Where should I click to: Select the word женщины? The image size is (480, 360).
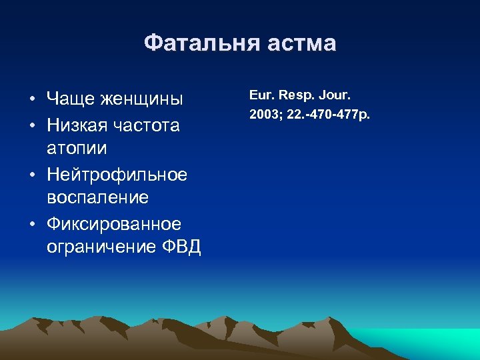point(142,100)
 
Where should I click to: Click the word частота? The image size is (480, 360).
point(150,125)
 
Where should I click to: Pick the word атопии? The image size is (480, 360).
point(77,148)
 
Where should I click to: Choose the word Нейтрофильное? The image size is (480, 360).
point(117,174)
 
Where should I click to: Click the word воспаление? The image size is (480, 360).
point(98,197)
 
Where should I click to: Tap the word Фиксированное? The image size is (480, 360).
point(114,223)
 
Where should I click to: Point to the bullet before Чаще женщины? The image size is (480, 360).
point(32,101)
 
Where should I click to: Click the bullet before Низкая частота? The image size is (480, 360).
point(32,126)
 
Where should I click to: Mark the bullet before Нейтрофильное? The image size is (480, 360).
point(32,175)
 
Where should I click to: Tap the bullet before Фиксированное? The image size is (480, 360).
point(32,223)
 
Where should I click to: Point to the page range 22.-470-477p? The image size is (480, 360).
point(327,114)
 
